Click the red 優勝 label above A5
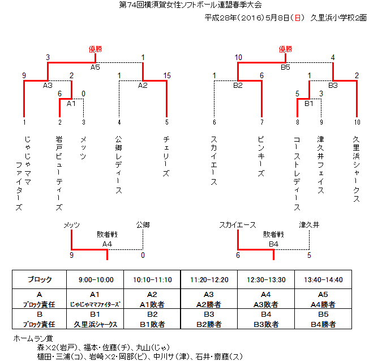pyautogui.click(x=95, y=49)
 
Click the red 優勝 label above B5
pyautogui.click(x=285, y=49)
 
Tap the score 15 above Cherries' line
pyautogui.click(x=167, y=75)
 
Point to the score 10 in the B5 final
pyautogui.click(x=238, y=57)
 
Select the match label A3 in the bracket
pyautogui.click(x=48, y=86)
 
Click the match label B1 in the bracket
pyautogui.click(x=309, y=104)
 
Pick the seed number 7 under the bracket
pyautogui.click(x=262, y=122)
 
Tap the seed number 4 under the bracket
pyautogui.click(x=119, y=122)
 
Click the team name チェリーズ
pyautogui.click(x=166, y=156)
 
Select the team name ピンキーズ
pyautogui.click(x=261, y=156)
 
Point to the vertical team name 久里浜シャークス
pyautogui.click(x=357, y=169)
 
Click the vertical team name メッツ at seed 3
pyautogui.click(x=83, y=148)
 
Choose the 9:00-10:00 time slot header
pyautogui.click(x=96, y=280)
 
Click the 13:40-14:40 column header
pyautogui.click(x=323, y=280)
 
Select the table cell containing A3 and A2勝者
pyautogui.click(x=209, y=299)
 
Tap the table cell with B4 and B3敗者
pyautogui.click(x=266, y=319)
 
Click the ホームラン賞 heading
pyautogui.click(x=33, y=338)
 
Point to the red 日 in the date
pyautogui.click(x=298, y=18)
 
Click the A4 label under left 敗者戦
pyautogui.click(x=107, y=244)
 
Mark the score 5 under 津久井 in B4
pyautogui.click(x=309, y=255)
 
